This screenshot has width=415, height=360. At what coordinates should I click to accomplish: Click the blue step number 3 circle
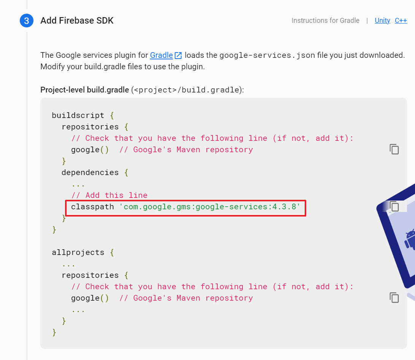(x=26, y=21)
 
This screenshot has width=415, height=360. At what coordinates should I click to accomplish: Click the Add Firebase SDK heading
(x=77, y=21)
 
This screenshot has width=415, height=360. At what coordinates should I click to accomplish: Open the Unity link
(x=382, y=21)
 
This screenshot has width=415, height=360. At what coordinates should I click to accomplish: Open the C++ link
(x=401, y=21)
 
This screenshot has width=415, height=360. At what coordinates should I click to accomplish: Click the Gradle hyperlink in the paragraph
(x=161, y=55)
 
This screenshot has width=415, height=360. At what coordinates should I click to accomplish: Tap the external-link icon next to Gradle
(x=178, y=56)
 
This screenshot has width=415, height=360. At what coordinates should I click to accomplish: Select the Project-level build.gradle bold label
(x=84, y=90)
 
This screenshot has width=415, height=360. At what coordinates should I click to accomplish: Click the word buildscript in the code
(x=78, y=115)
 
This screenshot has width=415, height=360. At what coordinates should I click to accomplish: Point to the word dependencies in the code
(x=90, y=172)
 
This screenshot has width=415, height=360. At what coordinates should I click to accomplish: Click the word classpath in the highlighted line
(x=92, y=207)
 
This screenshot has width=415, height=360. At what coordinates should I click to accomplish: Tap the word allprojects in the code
(x=78, y=252)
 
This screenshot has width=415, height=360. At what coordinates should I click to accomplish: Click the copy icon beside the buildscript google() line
(x=394, y=149)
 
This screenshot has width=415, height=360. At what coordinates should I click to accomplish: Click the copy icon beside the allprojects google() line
(x=394, y=298)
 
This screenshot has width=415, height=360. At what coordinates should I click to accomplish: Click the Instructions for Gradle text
(x=325, y=21)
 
